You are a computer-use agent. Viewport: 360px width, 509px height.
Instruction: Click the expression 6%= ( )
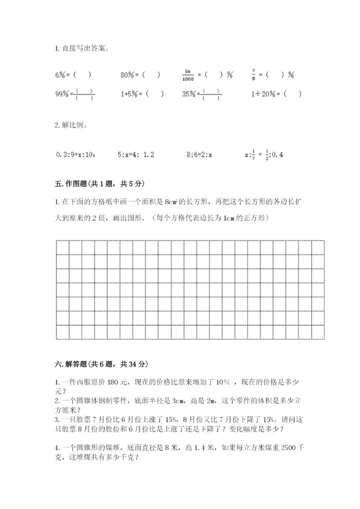[x=73, y=75]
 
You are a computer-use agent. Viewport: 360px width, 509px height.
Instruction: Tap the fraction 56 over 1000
[x=188, y=75]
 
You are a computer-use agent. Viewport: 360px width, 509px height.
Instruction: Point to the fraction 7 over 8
[x=253, y=74]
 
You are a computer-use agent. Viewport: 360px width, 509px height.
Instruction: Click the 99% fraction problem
[x=74, y=94]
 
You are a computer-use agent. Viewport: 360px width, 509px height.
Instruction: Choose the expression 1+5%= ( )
[x=142, y=93]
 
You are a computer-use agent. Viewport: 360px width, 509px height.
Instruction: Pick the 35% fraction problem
[x=201, y=94]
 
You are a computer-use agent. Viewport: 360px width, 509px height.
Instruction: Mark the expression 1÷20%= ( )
[x=276, y=93]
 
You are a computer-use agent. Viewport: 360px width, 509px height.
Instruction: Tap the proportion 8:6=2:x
[x=199, y=155]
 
